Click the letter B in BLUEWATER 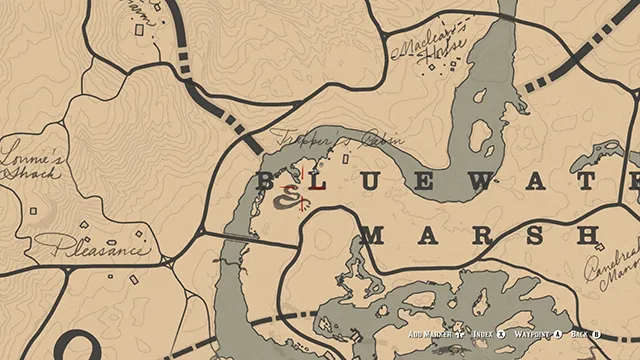[267, 181]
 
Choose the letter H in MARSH [591, 236]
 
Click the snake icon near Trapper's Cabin [291, 200]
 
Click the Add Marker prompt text [428, 335]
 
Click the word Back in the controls [579, 335]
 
